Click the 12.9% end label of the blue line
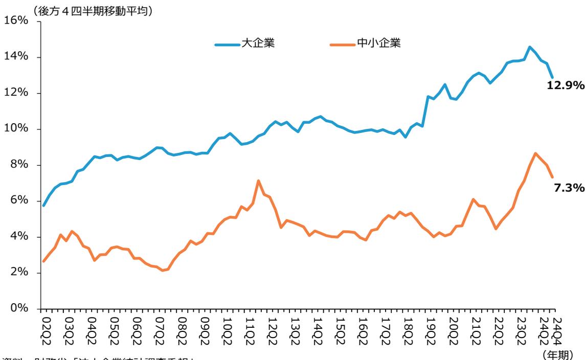click(x=565, y=85)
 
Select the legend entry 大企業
click(x=259, y=43)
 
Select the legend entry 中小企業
click(x=378, y=43)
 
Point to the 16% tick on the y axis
click(x=18, y=20)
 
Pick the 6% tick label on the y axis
click(x=21, y=200)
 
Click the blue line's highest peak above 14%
click(x=529, y=47)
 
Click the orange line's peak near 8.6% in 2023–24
click(x=535, y=153)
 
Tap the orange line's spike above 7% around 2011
click(x=259, y=181)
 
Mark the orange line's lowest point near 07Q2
click(x=162, y=271)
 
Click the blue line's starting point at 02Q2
click(x=44, y=206)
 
